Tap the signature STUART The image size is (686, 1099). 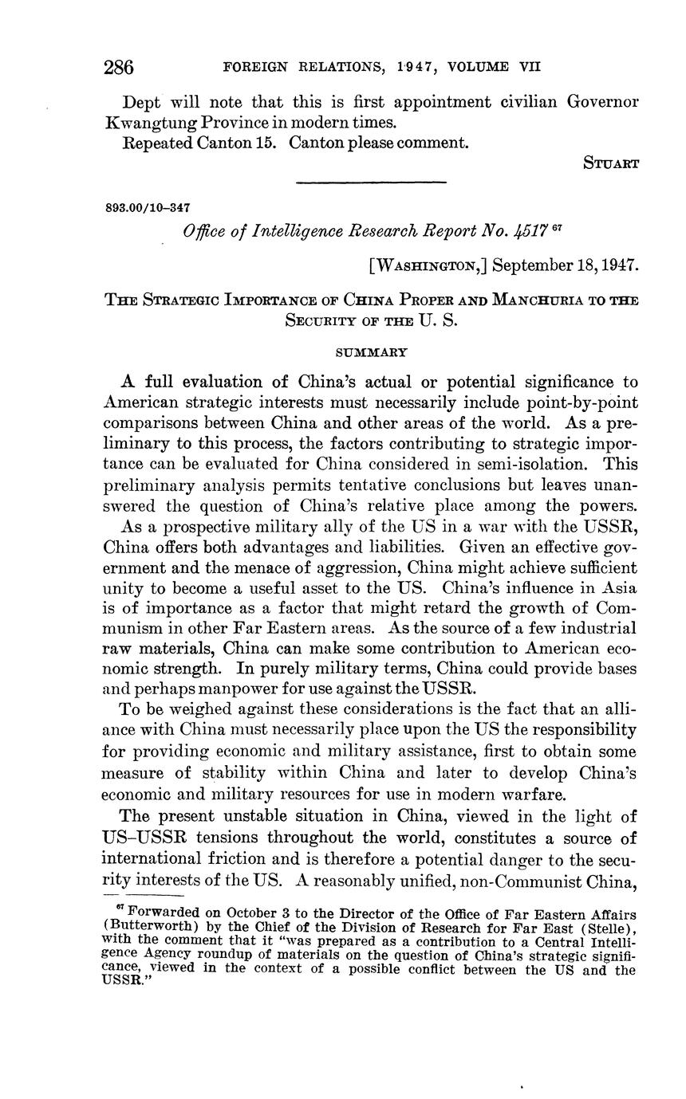(x=611, y=165)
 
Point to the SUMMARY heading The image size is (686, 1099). (x=369, y=351)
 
